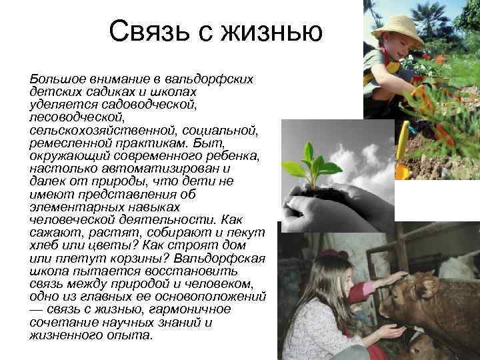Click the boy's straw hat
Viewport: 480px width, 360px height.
point(398,25)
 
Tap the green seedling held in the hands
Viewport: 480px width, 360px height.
point(310,163)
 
